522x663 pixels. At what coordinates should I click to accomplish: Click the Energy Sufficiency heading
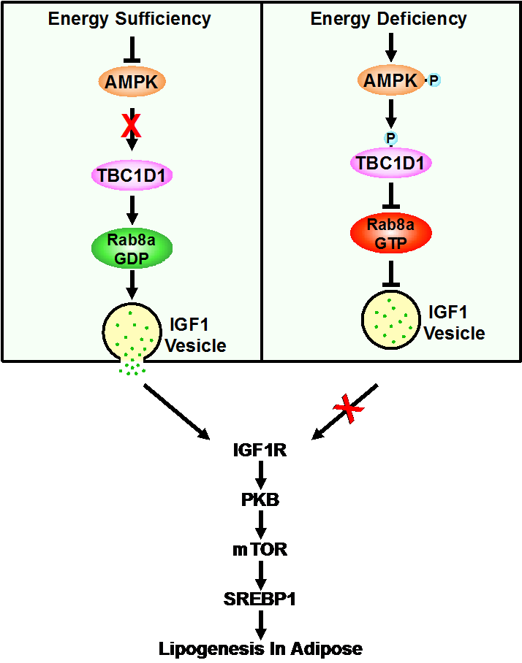coord(129,18)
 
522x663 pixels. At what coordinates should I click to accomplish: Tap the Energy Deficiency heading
coord(389,18)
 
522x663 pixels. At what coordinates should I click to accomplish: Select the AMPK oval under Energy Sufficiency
coord(132,82)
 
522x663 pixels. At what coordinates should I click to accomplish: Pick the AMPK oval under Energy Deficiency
coord(390,80)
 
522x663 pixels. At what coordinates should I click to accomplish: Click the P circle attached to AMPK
coord(434,80)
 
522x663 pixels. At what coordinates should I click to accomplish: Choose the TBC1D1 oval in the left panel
coord(132,175)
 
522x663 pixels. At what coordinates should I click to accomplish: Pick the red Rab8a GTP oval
coord(390,232)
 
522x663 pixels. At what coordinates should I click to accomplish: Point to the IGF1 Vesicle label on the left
coord(195,335)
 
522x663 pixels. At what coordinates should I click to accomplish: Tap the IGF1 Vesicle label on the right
coord(454,323)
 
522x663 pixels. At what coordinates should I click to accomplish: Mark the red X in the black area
coord(349,409)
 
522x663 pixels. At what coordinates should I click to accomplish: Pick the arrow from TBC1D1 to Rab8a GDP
coord(132,209)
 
